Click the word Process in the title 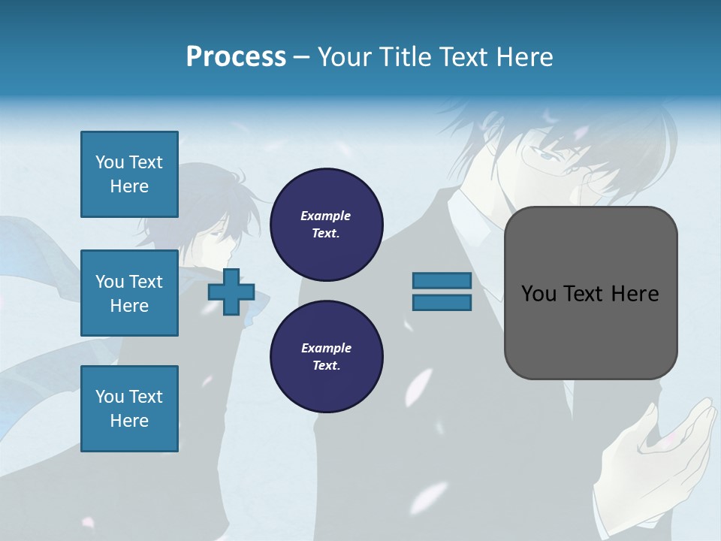point(236,57)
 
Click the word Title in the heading point(406,57)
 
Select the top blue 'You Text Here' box point(129,174)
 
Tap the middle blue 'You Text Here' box point(129,293)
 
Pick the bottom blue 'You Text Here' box point(129,409)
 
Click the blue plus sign point(231,292)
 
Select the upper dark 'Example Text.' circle point(326,225)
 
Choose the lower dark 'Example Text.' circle point(326,357)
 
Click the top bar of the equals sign point(442,281)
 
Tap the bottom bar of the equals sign point(442,303)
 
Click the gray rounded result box point(590,331)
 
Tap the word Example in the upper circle point(326,216)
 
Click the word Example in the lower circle point(326,349)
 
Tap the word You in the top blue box point(110,162)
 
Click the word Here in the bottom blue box point(129,421)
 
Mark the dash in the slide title point(301,57)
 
